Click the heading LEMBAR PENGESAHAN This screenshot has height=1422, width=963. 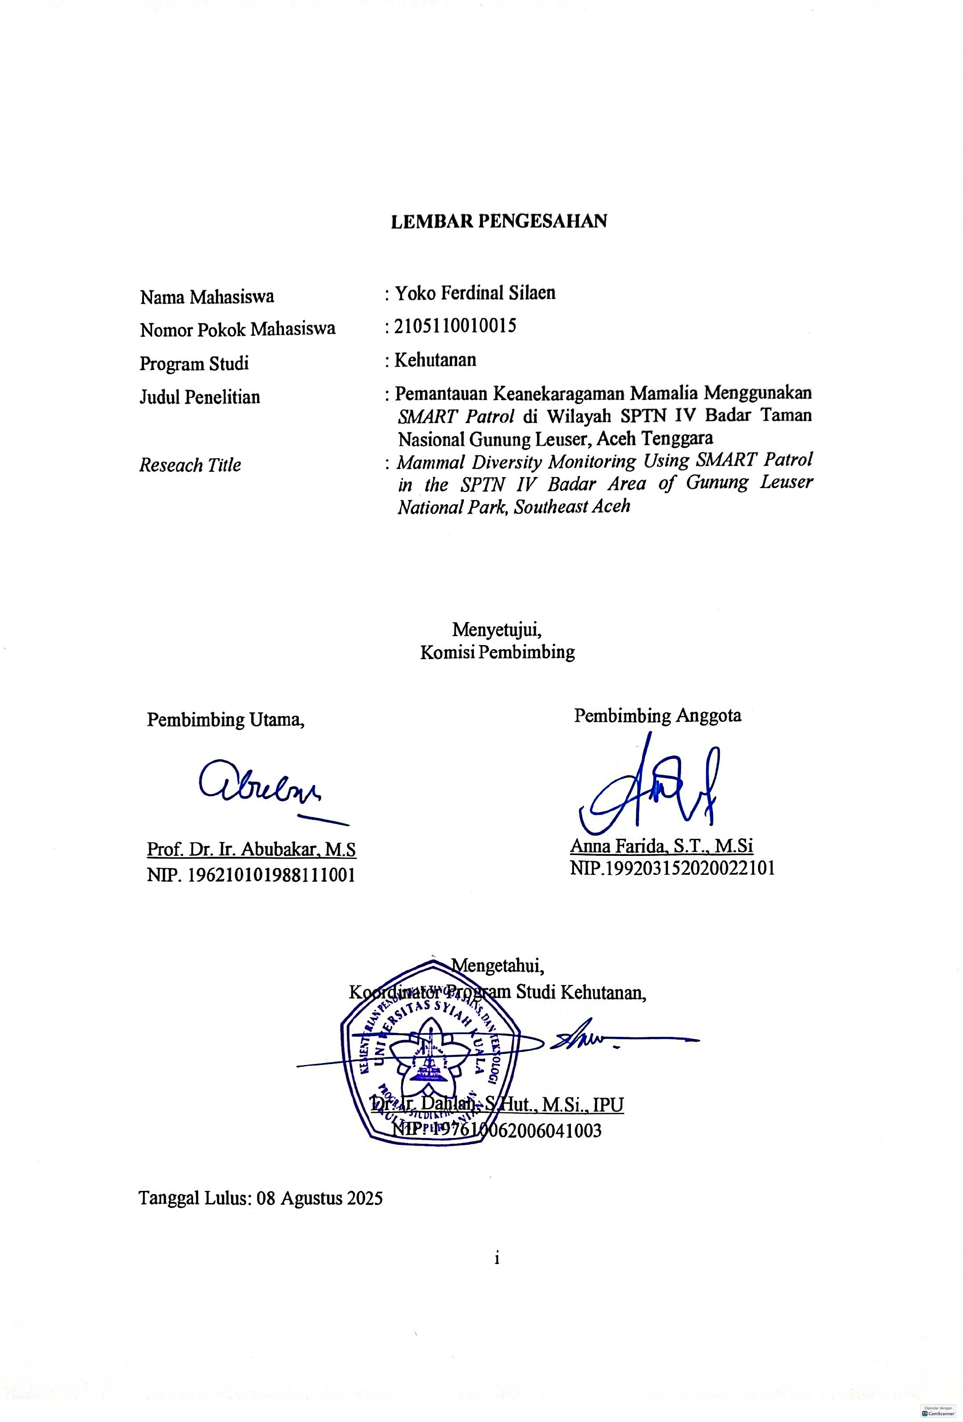499,221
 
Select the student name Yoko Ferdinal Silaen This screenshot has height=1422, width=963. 475,293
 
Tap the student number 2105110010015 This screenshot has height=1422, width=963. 455,325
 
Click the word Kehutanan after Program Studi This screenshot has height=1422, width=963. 435,359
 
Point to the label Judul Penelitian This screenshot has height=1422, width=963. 199,397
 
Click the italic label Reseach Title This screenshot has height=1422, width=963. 190,465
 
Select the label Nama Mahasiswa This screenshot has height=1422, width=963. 207,297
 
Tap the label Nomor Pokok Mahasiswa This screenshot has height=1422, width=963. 237,330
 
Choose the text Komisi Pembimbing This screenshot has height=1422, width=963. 497,652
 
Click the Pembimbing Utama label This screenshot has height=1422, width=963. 226,720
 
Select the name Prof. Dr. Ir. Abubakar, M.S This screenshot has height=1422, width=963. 251,849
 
